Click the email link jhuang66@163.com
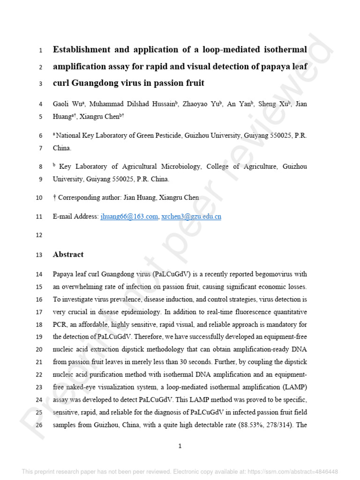(x=129, y=217)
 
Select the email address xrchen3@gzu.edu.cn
(x=191, y=217)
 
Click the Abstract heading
(x=68, y=255)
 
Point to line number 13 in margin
(x=39, y=255)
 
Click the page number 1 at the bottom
(x=180, y=446)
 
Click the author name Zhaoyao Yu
(x=202, y=104)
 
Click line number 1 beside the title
(x=41, y=50)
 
